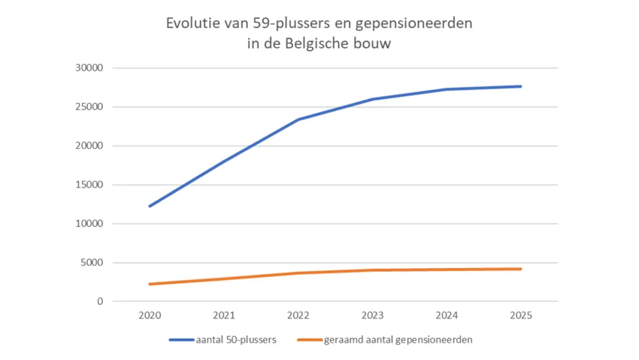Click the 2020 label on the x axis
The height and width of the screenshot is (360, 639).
(x=150, y=316)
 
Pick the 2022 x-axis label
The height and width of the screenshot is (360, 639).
(x=298, y=316)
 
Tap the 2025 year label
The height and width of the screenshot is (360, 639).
(x=521, y=316)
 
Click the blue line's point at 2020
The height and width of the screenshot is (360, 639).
(x=150, y=206)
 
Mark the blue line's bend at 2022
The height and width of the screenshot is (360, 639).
(x=298, y=120)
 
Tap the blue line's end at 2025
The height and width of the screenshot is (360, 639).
(x=521, y=86)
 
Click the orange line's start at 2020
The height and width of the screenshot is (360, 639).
(x=150, y=284)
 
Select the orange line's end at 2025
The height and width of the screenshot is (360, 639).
(x=521, y=269)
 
